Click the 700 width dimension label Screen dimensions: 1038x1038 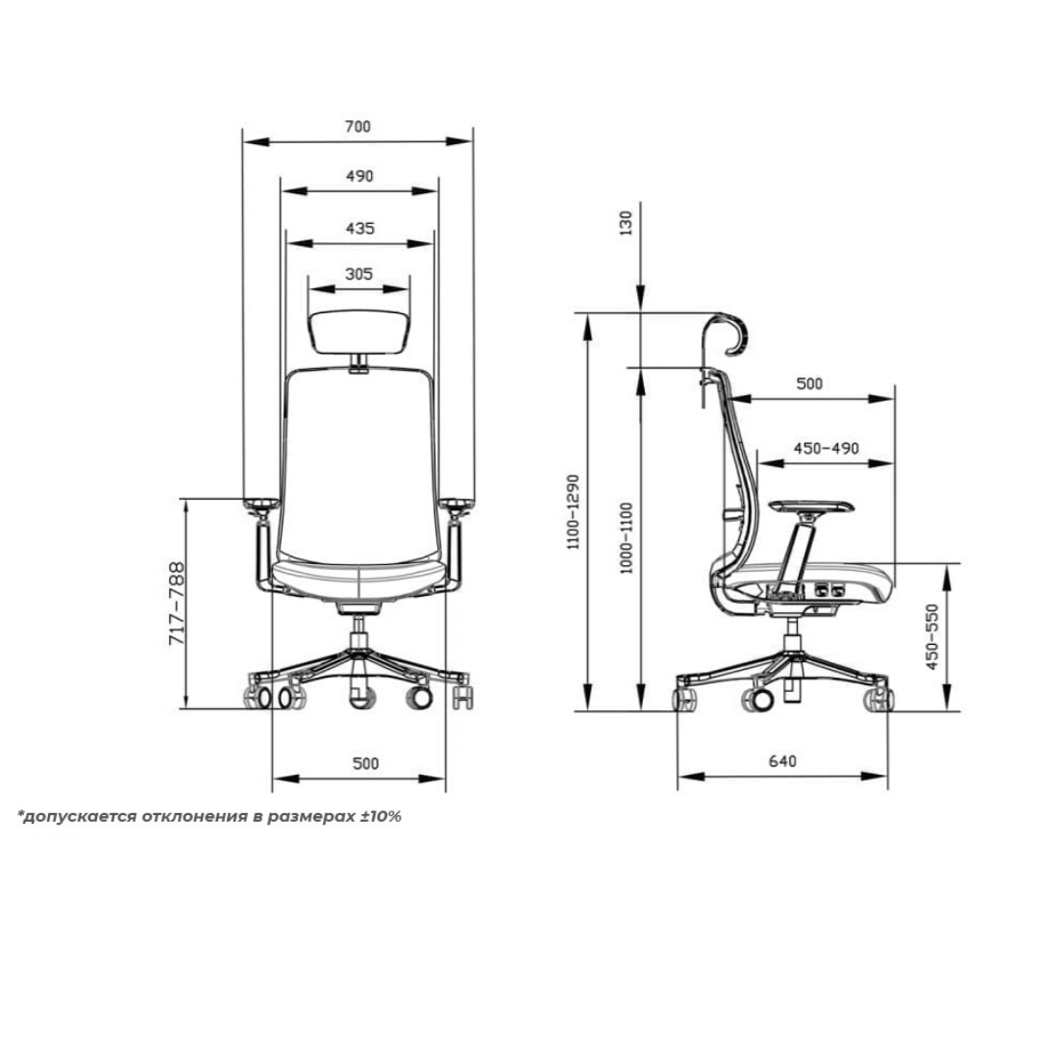click(x=358, y=126)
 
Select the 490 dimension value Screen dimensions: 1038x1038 click(x=358, y=176)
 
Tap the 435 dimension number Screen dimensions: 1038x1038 click(x=358, y=228)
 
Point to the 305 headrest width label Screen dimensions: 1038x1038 click(x=358, y=274)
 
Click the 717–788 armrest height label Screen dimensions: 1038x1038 click(x=176, y=604)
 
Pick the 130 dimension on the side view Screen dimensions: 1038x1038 click(x=628, y=223)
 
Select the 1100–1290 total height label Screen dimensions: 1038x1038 click(x=574, y=510)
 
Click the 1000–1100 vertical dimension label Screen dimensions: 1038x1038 click(x=627, y=538)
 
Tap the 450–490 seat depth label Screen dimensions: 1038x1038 click(x=826, y=449)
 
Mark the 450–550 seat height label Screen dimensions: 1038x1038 click(x=931, y=637)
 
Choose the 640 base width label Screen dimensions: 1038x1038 click(x=782, y=761)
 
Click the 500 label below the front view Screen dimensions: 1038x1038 click(x=365, y=763)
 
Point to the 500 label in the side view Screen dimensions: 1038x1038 click(x=810, y=383)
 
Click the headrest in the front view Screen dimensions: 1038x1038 click(x=358, y=332)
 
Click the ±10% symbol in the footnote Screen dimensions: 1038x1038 click(x=380, y=817)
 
